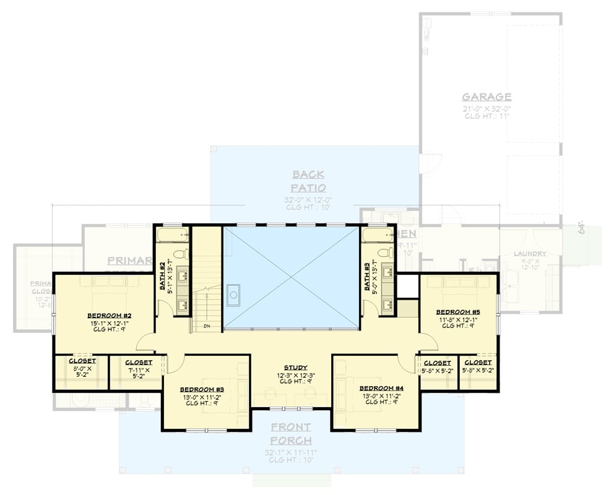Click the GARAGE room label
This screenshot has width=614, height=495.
tap(486, 97)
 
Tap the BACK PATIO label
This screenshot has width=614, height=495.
tap(309, 181)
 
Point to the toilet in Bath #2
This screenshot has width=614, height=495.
tap(180, 254)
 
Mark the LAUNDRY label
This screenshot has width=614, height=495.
tap(529, 254)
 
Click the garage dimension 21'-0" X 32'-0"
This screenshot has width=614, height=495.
tap(486, 108)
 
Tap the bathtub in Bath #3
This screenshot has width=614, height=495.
tap(378, 235)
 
